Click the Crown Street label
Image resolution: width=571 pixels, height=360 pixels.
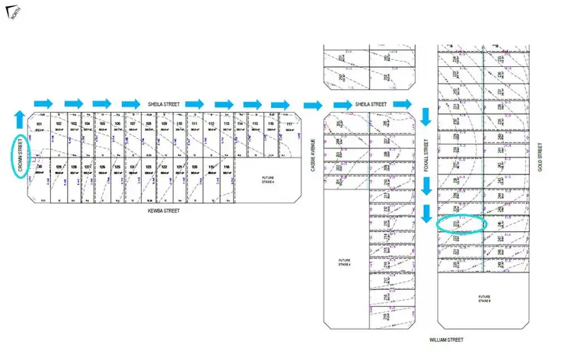click(21, 155)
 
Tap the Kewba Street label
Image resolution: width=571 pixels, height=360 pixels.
click(164, 211)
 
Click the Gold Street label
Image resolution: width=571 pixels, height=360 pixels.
click(538, 157)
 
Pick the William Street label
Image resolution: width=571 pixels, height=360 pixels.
click(446, 340)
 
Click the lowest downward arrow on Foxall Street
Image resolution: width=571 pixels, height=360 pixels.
click(426, 216)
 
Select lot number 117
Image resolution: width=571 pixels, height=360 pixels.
click(289, 123)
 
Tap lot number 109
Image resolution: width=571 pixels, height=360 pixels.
click(164, 123)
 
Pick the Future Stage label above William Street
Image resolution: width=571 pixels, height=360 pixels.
click(484, 298)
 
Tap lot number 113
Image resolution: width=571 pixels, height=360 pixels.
click(226, 123)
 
